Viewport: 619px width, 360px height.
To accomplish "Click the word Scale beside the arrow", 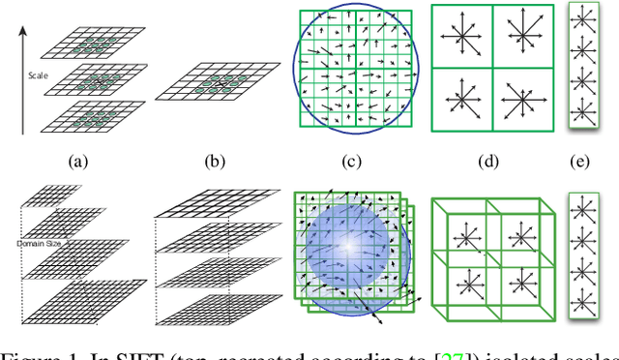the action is coord(37,73).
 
